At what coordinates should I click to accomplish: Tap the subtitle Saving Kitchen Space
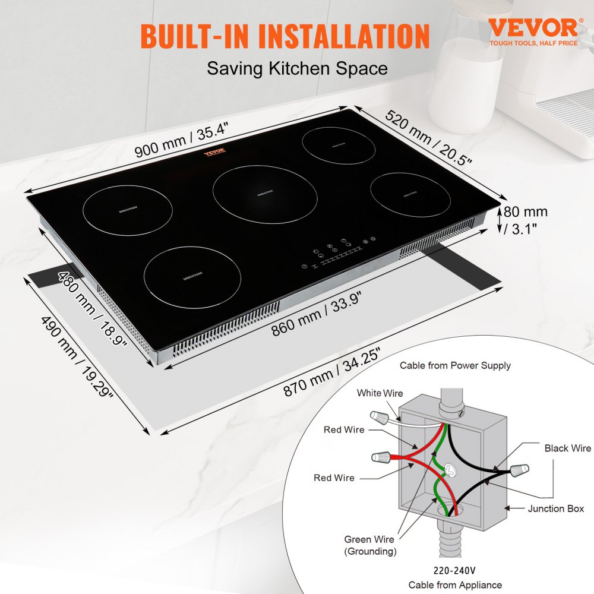coord(297,68)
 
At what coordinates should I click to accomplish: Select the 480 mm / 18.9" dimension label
coord(93,312)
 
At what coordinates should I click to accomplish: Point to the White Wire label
coord(380,393)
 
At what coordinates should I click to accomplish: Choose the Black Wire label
coord(567,448)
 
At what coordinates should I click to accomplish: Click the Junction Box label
coord(556,508)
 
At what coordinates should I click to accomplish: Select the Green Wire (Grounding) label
coord(369,545)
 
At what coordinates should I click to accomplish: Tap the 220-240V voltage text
coord(454,570)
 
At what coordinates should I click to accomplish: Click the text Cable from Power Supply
coord(455,365)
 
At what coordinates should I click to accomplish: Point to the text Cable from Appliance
coord(455,585)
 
